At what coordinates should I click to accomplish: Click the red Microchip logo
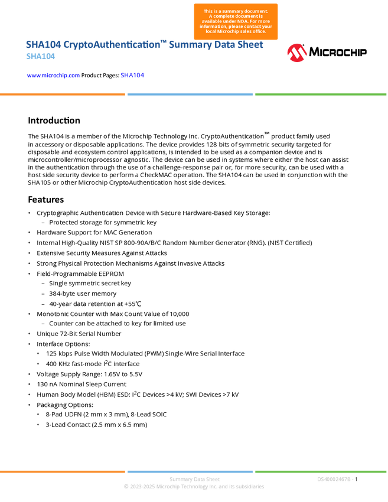(x=297, y=53)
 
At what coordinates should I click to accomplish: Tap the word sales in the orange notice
(x=249, y=31)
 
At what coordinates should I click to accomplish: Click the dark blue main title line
(x=144, y=45)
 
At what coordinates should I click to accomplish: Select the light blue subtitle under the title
(x=40, y=57)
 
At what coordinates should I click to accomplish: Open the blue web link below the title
(x=53, y=76)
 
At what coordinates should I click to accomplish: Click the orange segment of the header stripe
(x=63, y=94)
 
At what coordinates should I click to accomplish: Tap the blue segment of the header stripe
(x=190, y=94)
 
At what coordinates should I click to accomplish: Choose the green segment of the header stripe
(x=321, y=94)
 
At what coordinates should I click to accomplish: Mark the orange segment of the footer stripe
(x=63, y=471)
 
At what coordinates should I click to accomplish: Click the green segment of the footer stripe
(x=321, y=471)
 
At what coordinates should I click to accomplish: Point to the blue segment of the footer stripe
(x=190, y=471)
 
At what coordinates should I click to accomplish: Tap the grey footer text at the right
(x=335, y=480)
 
